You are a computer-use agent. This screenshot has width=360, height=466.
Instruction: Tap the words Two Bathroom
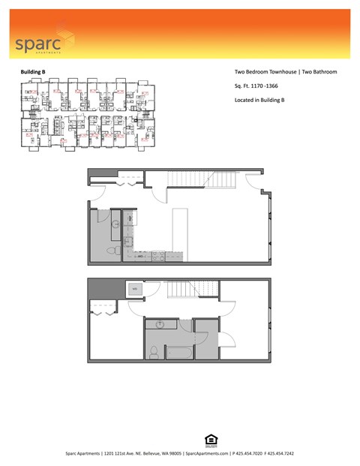tap(318, 72)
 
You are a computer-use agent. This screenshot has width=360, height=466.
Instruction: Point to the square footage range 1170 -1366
tap(268, 86)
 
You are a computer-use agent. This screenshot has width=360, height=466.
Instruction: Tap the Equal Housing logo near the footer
tap(209, 439)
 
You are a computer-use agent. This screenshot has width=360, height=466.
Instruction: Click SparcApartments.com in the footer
tap(207, 454)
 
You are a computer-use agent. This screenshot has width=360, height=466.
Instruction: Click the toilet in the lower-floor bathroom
tap(109, 249)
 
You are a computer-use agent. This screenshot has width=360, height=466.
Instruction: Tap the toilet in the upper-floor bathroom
tap(154, 351)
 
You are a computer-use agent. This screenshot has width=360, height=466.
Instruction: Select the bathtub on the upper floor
tap(179, 351)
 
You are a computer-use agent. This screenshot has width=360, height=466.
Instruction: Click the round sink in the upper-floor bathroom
tap(160, 324)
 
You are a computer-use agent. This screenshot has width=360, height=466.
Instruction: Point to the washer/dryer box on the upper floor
tap(135, 288)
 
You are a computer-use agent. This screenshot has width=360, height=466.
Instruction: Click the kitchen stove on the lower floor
tap(157, 257)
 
